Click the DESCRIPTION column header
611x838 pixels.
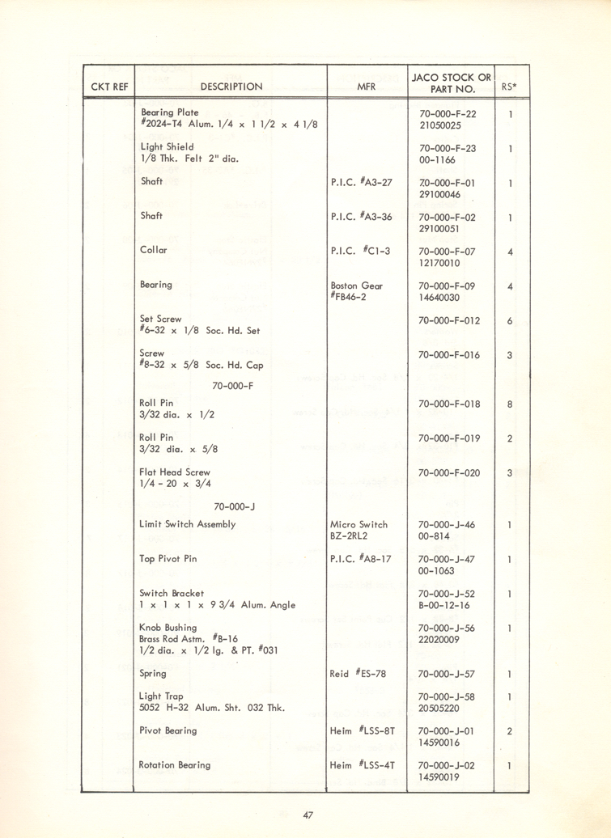tap(231, 87)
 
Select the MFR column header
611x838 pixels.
tap(366, 87)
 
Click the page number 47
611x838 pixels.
tap(308, 815)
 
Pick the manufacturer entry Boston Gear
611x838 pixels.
tap(357, 286)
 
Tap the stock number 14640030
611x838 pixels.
tap(439, 298)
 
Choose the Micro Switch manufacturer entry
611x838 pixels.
tap(359, 524)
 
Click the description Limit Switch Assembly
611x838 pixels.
tap(188, 524)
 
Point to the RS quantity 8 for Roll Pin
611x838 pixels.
tap(510, 404)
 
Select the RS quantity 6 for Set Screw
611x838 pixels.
tap(510, 320)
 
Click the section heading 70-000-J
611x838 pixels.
tap(235, 507)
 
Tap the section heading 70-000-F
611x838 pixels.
tap(233, 386)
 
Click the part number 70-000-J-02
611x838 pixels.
tap(448, 765)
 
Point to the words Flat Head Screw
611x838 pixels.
tap(175, 472)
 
